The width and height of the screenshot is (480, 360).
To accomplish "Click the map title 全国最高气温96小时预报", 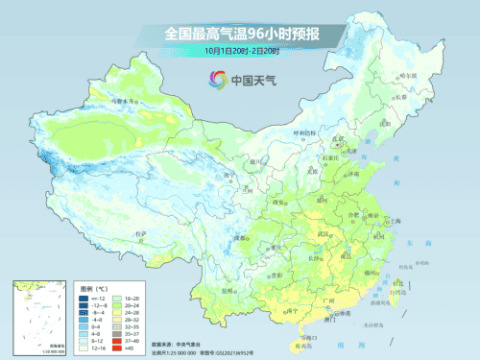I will (241, 34).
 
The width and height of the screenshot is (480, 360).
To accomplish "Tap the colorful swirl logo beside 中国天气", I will (213, 81).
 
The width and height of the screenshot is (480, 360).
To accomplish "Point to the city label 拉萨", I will (140, 233).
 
